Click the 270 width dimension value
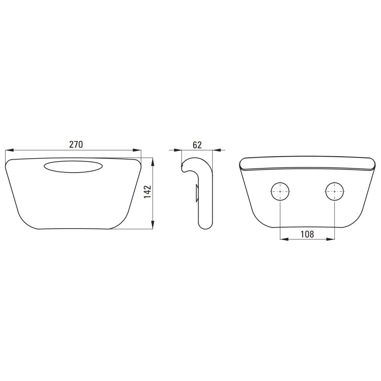(76, 144)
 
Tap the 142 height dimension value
(147, 192)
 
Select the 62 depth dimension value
(197, 145)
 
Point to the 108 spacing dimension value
(307, 234)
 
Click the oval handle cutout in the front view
(73, 166)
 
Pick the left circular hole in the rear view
(280, 192)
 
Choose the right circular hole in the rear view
(335, 192)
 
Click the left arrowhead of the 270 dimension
(9, 150)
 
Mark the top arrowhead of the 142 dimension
(153, 162)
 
